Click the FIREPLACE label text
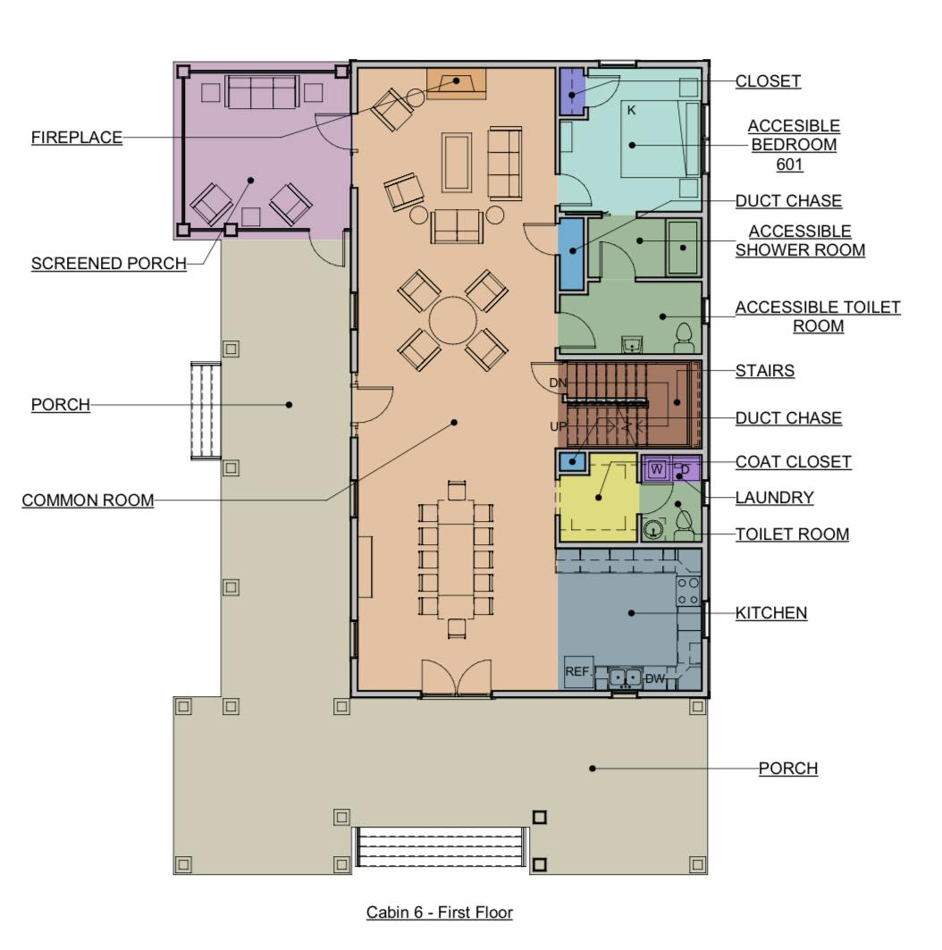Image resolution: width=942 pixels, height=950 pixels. [77, 138]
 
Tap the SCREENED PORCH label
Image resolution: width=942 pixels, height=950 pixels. [109, 264]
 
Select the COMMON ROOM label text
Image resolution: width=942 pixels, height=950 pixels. [88, 500]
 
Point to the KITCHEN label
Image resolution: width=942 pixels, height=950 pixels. [771, 613]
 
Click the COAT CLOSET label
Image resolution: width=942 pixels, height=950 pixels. [794, 462]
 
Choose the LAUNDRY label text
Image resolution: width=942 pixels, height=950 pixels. [775, 498]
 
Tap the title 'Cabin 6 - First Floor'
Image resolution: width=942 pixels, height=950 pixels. [440, 912]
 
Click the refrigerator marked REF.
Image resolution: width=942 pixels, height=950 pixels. [578, 672]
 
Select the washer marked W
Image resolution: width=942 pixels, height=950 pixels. [657, 469]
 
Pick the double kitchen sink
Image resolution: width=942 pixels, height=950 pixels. [626, 677]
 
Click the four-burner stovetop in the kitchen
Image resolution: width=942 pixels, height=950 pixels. [688, 591]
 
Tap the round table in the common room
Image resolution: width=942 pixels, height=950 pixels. [452, 321]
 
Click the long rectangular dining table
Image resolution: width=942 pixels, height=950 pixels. [456, 556]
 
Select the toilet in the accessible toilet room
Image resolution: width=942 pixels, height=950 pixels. [684, 339]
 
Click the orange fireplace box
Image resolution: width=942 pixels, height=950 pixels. [457, 84]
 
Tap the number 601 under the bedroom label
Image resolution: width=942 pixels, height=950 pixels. [789, 164]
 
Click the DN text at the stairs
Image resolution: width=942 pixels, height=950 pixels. [558, 383]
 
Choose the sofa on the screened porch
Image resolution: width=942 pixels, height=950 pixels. [262, 91]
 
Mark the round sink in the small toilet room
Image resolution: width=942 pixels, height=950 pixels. [652, 530]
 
